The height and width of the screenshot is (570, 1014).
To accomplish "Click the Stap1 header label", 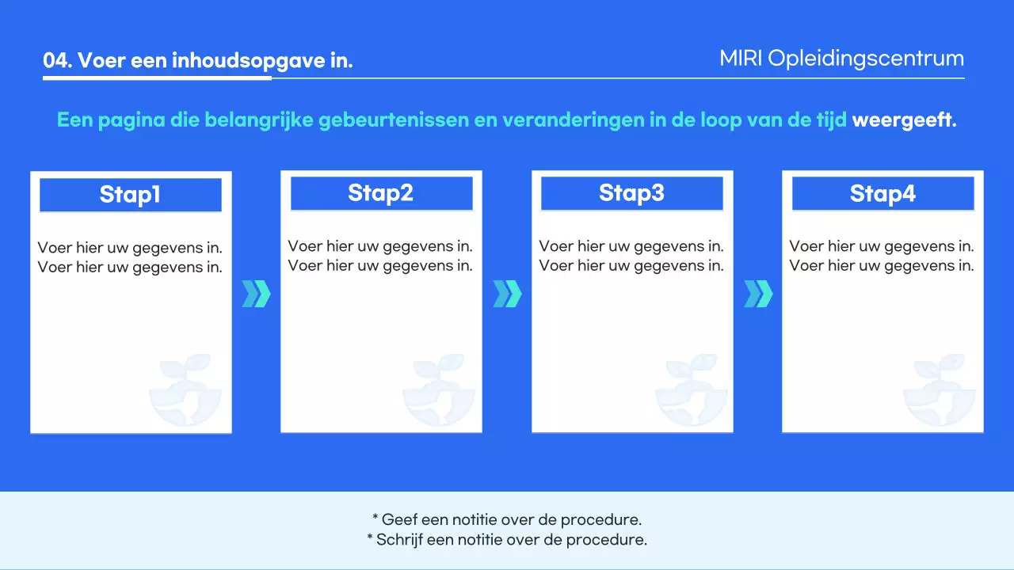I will point(130,195).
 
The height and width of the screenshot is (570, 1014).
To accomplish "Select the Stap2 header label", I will point(381,193).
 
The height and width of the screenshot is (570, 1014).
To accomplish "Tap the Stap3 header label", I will point(631,193).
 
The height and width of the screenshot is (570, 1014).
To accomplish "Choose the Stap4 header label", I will point(882,193).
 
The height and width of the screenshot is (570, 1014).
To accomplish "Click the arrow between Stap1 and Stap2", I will point(256,294).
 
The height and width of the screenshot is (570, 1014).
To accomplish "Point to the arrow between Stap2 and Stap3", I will point(507,294).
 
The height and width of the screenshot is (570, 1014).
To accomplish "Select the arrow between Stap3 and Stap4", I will point(758,294).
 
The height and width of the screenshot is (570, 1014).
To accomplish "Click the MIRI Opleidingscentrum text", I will point(841,59).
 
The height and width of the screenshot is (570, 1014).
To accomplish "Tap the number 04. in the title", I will point(58,61).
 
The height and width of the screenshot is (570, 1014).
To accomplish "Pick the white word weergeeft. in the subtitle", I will point(904,121).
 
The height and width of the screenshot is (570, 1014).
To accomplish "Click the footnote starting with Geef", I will point(507,520).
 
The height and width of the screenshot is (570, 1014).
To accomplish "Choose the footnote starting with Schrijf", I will point(507,541).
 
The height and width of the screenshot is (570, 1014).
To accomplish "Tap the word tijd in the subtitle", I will point(832,121).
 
